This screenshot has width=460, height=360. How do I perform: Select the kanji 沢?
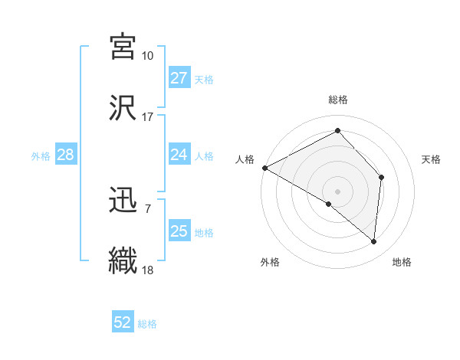[x=123, y=107]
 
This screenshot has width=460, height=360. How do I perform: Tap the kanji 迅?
[x=123, y=200]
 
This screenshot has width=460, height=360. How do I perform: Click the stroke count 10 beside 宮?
[x=147, y=56]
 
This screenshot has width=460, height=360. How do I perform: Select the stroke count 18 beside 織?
[x=147, y=270]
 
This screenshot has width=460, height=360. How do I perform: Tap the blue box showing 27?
[x=179, y=78]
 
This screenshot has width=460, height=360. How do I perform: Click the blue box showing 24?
[x=179, y=155]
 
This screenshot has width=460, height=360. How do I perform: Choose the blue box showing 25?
[x=179, y=231]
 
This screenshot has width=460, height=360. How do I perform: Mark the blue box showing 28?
[x=65, y=155]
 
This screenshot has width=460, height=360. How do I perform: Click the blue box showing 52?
[x=123, y=322]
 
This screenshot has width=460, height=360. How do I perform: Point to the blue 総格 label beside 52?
[x=147, y=324]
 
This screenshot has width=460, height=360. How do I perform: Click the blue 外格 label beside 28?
[x=41, y=156]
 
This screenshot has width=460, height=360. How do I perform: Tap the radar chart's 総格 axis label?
[x=337, y=100]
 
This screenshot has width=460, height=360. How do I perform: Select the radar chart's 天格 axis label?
[x=432, y=159]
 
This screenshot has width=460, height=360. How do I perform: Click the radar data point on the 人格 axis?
[x=264, y=167]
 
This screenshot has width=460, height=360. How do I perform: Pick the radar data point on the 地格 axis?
[x=374, y=241]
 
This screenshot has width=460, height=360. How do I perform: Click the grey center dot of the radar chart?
[x=337, y=191]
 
